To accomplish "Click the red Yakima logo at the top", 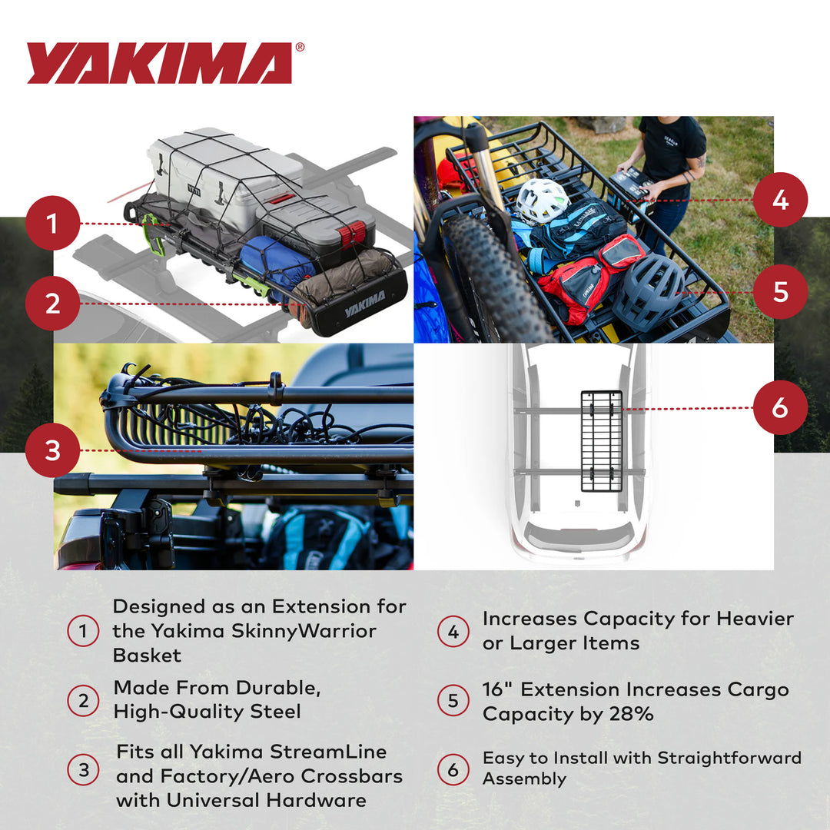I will click(x=160, y=63).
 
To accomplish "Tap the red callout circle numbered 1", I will click(x=52, y=224).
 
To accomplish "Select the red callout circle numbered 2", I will click(x=52, y=304).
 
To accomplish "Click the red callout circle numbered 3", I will click(x=52, y=450).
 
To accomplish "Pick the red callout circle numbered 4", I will click(x=780, y=200).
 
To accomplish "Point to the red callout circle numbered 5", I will click(x=780, y=292).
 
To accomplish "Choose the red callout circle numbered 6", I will click(x=780, y=408).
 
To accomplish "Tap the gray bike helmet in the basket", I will click(x=649, y=292).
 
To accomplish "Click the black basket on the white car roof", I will click(x=601, y=441).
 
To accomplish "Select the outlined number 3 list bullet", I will click(x=83, y=769).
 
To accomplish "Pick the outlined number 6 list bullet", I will click(x=453, y=769).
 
